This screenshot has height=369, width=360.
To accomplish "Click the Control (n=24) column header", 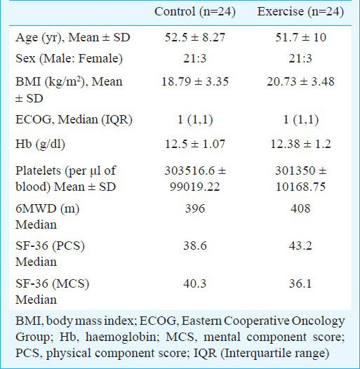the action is [x=195, y=12].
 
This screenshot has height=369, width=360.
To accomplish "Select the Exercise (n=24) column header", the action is [x=300, y=12].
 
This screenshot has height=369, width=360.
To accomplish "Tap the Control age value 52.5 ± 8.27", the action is [x=195, y=37].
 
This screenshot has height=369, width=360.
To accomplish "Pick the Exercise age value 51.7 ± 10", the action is [x=300, y=37].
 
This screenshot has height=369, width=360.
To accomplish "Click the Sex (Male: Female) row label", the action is [x=69, y=59].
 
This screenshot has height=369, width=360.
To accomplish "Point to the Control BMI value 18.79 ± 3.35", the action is [x=195, y=81].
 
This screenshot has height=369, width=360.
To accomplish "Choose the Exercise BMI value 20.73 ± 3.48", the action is [x=300, y=81].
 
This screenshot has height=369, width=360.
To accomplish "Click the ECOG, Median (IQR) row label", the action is [x=74, y=120].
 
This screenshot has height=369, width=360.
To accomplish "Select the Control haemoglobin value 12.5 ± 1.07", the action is [x=195, y=144].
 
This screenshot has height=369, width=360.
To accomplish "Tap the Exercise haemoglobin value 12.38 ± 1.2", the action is [x=300, y=144].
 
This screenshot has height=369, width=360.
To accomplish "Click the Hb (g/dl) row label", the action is [x=40, y=145].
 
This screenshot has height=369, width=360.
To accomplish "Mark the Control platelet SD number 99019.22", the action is [x=195, y=187].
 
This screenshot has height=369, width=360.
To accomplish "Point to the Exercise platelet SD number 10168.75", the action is [x=300, y=187].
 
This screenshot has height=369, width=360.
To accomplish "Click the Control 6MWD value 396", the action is [x=195, y=208].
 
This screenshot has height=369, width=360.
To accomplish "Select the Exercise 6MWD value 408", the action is [x=300, y=208].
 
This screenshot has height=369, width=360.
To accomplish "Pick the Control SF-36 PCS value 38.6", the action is [x=195, y=246].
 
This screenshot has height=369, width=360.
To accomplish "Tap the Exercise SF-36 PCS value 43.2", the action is [x=300, y=246].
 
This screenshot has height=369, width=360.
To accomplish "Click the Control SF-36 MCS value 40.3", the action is [x=195, y=283].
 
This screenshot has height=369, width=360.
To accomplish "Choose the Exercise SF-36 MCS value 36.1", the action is [x=300, y=283].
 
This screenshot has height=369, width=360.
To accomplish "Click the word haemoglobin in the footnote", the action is [x=121, y=337].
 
